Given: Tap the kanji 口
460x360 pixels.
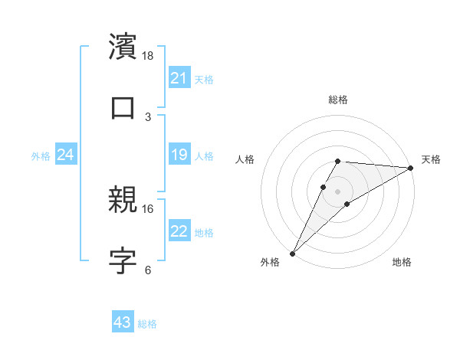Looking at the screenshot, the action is pos(123,107).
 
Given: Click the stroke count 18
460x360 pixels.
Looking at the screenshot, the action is pos(148,56).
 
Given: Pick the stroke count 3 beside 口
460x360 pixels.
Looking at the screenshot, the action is pos(148,117).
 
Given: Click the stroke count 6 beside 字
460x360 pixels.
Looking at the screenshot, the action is pos(148,270).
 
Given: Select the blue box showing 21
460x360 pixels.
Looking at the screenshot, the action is pos(179,78).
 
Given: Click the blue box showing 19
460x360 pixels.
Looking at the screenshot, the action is pos(179,155).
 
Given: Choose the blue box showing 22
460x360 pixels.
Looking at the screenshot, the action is pos(179,231).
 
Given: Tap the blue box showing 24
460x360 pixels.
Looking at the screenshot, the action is pos(65,155).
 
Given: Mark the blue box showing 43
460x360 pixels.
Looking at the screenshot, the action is pos(122,322).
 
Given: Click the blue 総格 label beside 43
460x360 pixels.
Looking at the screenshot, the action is pos(147,324).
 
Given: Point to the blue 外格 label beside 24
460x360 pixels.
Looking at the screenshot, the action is pos(41,156).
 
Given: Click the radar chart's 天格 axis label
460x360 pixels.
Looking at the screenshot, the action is pos(431,159).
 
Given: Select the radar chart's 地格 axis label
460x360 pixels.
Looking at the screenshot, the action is pos(402,263).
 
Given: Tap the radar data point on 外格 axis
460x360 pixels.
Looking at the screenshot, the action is pos(293,253).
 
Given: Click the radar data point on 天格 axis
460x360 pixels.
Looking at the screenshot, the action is pos(411,168).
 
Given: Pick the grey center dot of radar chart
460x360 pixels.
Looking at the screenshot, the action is pos(338,191).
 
